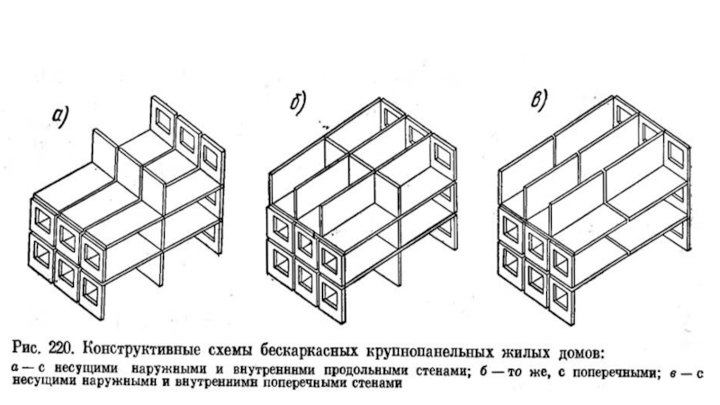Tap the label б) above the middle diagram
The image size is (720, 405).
click(x=297, y=105)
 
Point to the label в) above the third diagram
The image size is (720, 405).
click(x=540, y=102)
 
